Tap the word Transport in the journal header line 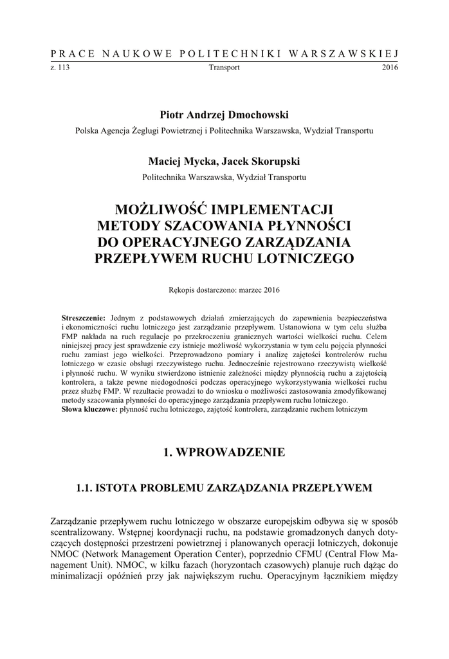coord(225,67)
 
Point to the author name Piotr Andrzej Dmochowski coord(225,114)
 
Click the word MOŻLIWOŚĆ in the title coord(165,210)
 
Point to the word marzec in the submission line coord(249,291)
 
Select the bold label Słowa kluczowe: coord(89,409)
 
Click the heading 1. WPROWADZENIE coord(225,453)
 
